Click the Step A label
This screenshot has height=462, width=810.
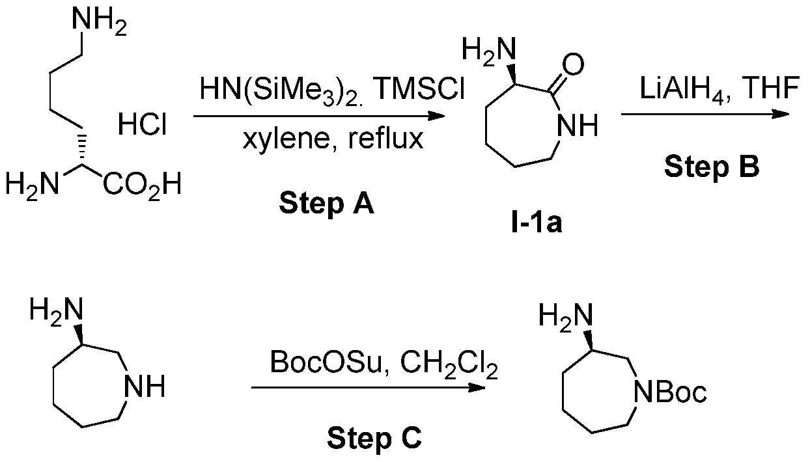click(x=326, y=204)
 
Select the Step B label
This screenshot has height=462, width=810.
click(x=712, y=168)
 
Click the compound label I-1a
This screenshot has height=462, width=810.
click(x=537, y=224)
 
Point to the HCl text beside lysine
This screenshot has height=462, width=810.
click(x=143, y=125)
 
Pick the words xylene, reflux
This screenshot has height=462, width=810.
click(x=333, y=139)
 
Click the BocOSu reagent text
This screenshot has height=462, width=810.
click(x=326, y=362)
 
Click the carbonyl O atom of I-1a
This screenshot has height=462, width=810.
click(x=573, y=64)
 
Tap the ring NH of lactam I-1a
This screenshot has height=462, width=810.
click(x=578, y=126)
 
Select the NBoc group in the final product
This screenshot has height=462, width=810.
click(x=670, y=392)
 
